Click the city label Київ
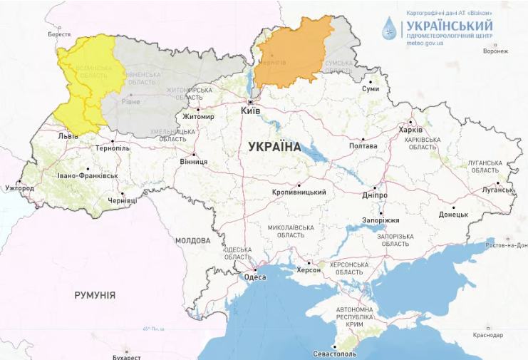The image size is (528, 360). coord(251,112)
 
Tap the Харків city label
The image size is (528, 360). coord(411,130)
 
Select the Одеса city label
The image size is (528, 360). coord(254,277)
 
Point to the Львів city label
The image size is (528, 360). coord(68,135)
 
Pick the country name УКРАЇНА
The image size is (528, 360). coord(274,146)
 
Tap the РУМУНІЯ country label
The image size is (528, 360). coord(95,294)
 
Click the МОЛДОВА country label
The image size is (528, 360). coord(192,240)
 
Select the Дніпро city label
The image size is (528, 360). coord(375,195)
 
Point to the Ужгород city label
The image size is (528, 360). coord(19,188)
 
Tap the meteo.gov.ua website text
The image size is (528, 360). coord(424,43)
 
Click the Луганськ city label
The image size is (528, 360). coord(497,190)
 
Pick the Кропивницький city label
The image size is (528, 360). coord(299,192)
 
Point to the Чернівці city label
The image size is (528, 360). coord(121,201)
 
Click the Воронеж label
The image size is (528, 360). coord(495,51)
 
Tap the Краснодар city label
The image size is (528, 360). coord(487,335)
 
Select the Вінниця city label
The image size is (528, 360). coord(193,162)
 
